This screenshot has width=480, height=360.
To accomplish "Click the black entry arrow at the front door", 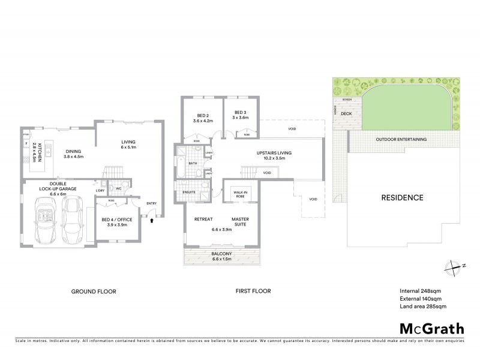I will pos(152,220).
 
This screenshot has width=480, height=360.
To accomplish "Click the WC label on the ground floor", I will pos(119,188).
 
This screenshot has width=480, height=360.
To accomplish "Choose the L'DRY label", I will pos(100,191).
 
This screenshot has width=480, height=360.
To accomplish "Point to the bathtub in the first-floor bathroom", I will pos(181,166).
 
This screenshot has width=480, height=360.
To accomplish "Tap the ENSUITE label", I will pos(190,192).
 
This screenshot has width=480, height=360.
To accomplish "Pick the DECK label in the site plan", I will pos(346,113).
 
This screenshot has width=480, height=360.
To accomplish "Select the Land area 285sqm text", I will pos(423,307).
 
